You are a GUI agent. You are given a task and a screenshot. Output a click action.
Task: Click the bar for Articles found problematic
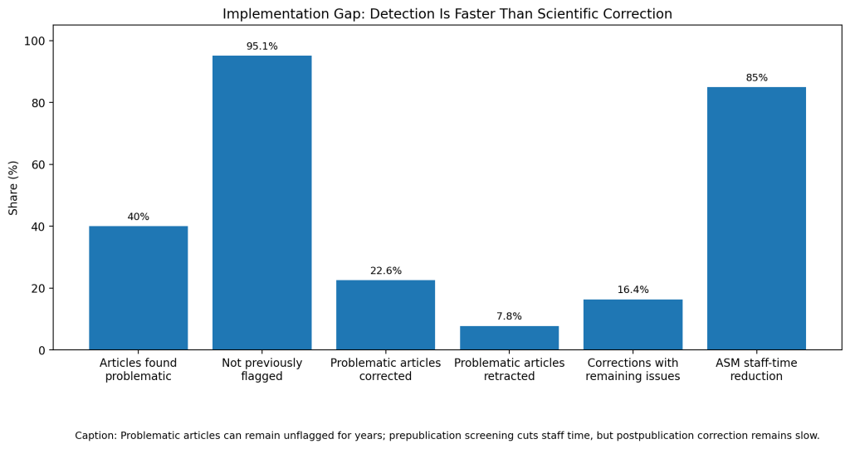coord(139,288)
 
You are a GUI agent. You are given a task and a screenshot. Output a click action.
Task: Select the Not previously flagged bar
coord(261,203)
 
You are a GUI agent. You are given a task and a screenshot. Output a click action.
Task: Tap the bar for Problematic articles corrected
coord(385,315)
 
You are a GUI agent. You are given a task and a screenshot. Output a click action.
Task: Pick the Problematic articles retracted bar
coord(509,338)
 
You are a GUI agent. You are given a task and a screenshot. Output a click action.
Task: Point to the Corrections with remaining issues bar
coord(633,325)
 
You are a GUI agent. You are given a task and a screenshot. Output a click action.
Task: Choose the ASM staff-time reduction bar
coord(756,218)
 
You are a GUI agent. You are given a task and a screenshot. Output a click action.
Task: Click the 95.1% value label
coord(261,46)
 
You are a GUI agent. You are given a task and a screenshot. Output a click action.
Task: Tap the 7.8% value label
coord(509,316)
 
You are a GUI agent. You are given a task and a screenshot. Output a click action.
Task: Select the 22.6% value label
coord(385,271)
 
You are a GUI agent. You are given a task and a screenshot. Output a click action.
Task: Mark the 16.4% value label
coord(633,290)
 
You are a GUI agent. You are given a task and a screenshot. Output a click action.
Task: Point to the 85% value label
coord(756,78)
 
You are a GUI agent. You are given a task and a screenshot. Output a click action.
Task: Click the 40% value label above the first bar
coord(139,217)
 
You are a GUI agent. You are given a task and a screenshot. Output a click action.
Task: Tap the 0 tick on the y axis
coord(42,351)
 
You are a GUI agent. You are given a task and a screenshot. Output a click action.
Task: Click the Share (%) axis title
coord(13,188)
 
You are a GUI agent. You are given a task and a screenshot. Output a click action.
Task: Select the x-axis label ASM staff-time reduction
coord(756,369)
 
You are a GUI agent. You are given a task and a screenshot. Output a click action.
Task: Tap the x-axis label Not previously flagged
coord(261,369)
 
